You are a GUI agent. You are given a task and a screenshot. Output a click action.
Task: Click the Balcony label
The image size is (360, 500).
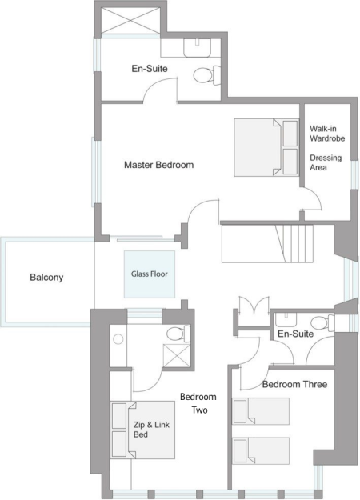(x=46, y=277)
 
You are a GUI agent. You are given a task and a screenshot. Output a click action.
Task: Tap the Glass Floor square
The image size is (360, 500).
(x=150, y=274)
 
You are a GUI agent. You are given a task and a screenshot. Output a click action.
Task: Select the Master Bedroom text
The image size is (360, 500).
(x=158, y=165)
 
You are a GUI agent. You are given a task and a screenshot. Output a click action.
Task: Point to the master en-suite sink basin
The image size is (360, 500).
(x=198, y=48)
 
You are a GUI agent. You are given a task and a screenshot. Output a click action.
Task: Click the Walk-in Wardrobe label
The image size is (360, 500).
(x=327, y=134)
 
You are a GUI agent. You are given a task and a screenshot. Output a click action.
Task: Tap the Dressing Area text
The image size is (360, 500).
(x=326, y=162)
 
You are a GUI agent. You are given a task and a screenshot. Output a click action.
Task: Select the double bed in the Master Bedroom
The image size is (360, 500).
(x=266, y=147)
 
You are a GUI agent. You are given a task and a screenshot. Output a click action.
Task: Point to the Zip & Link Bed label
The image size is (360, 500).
(x=151, y=430)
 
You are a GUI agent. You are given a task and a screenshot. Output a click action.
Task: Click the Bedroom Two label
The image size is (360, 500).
(x=198, y=403)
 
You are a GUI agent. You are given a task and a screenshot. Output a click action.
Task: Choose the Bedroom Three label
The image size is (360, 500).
(x=294, y=384)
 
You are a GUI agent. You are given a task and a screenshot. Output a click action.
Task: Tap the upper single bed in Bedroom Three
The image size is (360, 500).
(x=261, y=411)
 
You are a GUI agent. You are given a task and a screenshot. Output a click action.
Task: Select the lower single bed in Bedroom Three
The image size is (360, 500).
(x=261, y=450)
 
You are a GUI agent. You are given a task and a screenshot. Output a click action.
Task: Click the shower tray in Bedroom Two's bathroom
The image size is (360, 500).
(x=177, y=355)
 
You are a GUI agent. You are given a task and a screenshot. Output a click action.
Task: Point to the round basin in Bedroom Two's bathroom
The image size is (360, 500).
(x=118, y=339)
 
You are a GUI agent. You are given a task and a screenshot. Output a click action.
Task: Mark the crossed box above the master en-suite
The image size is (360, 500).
(x=130, y=20)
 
